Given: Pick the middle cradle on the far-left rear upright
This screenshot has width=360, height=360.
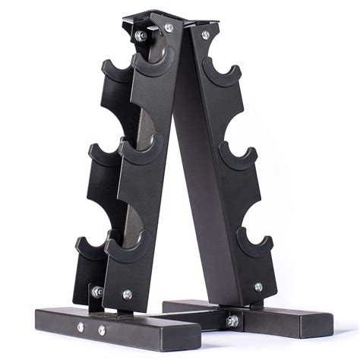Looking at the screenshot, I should pos(99,156).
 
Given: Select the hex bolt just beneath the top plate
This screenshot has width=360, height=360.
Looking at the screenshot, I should pos(141,36).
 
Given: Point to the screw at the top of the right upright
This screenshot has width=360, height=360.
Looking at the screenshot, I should pos(205,35).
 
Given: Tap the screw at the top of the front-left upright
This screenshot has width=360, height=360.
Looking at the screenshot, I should pos(169,28).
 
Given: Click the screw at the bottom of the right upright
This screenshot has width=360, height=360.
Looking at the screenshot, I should pos(258,287).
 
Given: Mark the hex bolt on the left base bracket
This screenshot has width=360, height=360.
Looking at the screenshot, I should pos(97,292).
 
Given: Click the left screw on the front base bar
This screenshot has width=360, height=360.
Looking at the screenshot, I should pos(81,327).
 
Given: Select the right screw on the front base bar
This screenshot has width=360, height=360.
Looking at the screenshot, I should pos(102,330).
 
